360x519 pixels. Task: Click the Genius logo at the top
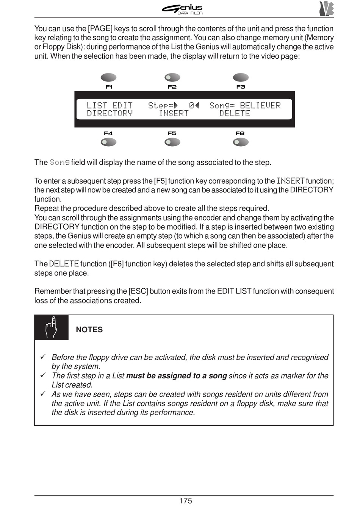pyautogui.click(x=183, y=9)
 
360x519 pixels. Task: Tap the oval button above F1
pyautogui.click(x=108, y=78)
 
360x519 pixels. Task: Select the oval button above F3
pyautogui.click(x=241, y=78)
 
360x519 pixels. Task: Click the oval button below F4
pyautogui.click(x=108, y=142)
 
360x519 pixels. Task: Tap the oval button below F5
pyautogui.click(x=172, y=142)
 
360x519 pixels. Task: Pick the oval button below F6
pyautogui.click(x=241, y=142)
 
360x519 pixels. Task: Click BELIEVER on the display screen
pyautogui.click(x=260, y=106)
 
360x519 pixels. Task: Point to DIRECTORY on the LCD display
pyautogui.click(x=110, y=114)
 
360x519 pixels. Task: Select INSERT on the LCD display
pyautogui.click(x=174, y=114)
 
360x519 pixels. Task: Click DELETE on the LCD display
pyautogui.click(x=235, y=114)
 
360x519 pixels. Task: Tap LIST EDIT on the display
pyautogui.click(x=110, y=106)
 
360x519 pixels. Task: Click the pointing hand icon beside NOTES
pyautogui.click(x=52, y=327)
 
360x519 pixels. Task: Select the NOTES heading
pyautogui.click(x=89, y=330)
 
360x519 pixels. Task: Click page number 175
pyautogui.click(x=185, y=501)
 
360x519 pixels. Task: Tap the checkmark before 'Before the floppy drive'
pyautogui.click(x=43, y=356)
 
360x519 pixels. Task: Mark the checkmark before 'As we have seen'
pyautogui.click(x=43, y=394)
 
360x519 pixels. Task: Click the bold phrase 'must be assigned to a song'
pyautogui.click(x=176, y=376)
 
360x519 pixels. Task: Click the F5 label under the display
pyautogui.click(x=172, y=133)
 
